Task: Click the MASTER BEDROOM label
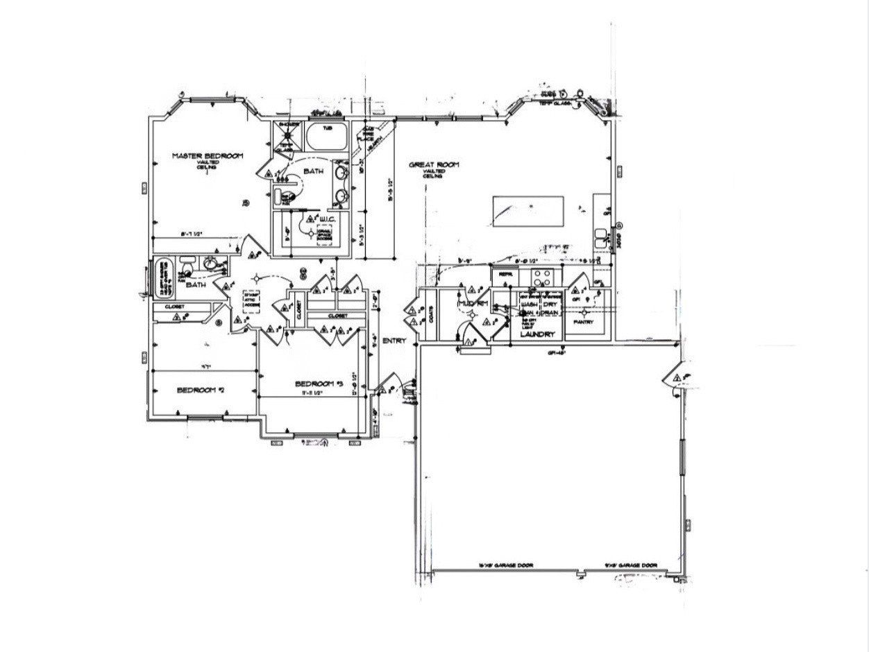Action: (207, 156)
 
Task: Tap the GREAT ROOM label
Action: (434, 164)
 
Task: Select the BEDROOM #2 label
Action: (201, 390)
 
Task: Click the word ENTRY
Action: (394, 341)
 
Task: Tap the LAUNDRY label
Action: (539, 334)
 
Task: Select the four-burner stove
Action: (541, 277)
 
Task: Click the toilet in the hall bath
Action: (187, 265)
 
